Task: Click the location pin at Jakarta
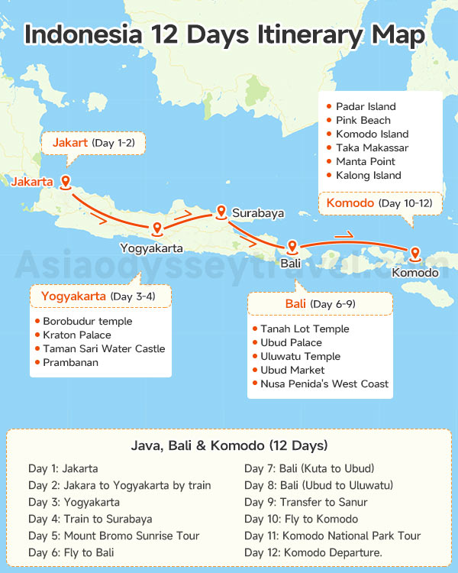point(66,182)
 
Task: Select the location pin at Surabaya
point(221,212)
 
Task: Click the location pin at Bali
point(292,247)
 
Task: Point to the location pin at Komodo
point(415,254)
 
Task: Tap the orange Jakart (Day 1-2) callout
point(98,143)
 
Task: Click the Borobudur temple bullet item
point(87,322)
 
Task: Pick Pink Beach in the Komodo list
point(363,121)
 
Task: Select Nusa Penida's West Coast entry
point(324,384)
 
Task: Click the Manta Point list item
point(365,162)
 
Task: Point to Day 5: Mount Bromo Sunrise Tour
point(104,536)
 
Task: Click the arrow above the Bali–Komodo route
point(344,235)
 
